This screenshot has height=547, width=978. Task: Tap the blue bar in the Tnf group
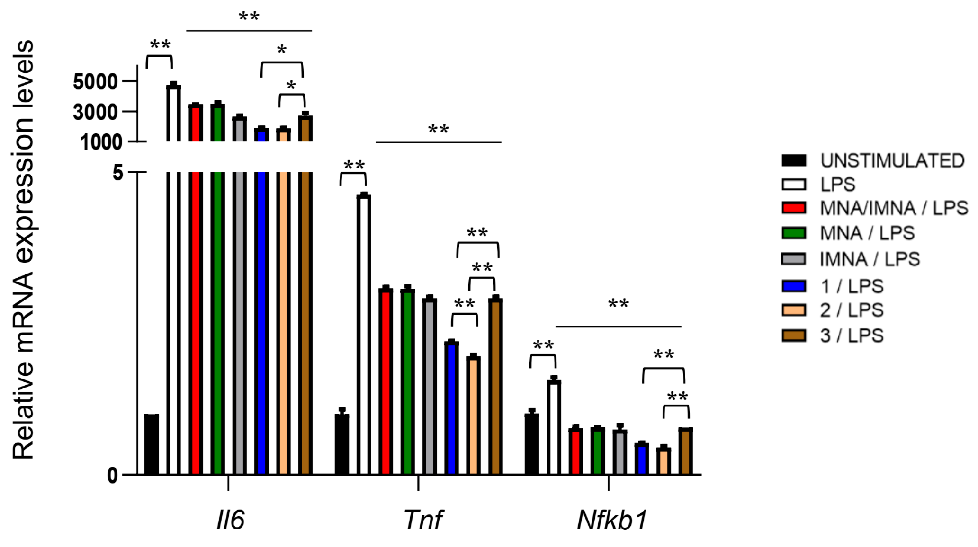[x=451, y=407]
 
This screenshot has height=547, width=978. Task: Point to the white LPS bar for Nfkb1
[x=554, y=426]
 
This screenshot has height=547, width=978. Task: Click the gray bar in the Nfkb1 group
[x=619, y=451]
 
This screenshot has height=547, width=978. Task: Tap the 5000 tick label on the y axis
[x=95, y=82]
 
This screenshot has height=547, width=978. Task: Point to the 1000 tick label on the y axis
[x=101, y=142]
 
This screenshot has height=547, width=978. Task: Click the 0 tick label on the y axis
[x=112, y=475]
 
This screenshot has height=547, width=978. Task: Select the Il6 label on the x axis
[x=230, y=520]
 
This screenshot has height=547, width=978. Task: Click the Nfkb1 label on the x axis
[x=611, y=520]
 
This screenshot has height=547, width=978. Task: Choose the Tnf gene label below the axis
[x=422, y=520]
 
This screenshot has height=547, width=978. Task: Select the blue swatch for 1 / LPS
[x=794, y=286]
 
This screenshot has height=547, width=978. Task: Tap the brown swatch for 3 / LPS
[x=794, y=335]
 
